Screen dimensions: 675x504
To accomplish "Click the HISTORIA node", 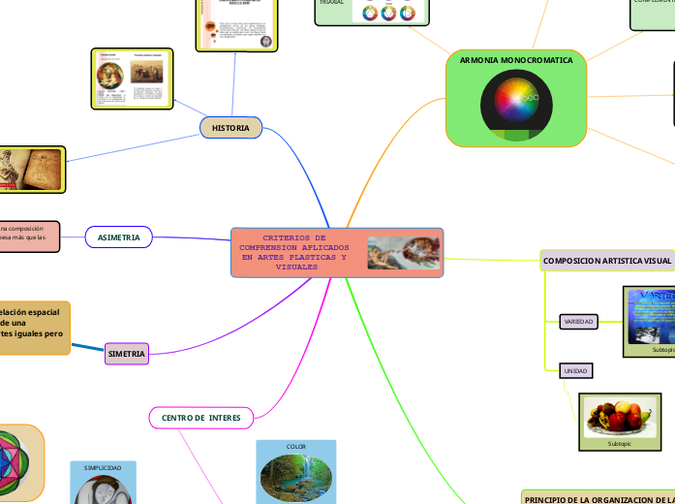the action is click(230, 128).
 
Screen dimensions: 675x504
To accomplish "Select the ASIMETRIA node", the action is click(119, 237).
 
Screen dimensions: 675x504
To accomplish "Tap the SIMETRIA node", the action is click(127, 355).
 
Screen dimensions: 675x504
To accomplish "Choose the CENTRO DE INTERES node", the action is click(200, 418).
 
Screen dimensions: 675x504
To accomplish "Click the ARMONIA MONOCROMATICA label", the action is click(515, 60).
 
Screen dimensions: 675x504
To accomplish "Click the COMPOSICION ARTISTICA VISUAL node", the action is click(606, 262).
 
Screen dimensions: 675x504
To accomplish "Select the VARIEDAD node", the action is click(578, 322).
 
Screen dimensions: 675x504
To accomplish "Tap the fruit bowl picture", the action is click(619, 416).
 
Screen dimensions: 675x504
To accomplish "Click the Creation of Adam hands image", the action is click(403, 253).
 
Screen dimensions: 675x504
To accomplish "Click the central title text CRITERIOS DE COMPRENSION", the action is click(294, 252).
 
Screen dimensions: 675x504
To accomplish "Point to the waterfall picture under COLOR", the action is click(296, 476).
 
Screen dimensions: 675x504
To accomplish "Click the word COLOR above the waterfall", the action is click(296, 447).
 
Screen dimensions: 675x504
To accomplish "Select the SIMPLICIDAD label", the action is click(104, 468).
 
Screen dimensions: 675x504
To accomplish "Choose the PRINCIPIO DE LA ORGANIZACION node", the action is click(598, 498).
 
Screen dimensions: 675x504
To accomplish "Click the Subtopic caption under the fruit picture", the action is click(619, 443).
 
